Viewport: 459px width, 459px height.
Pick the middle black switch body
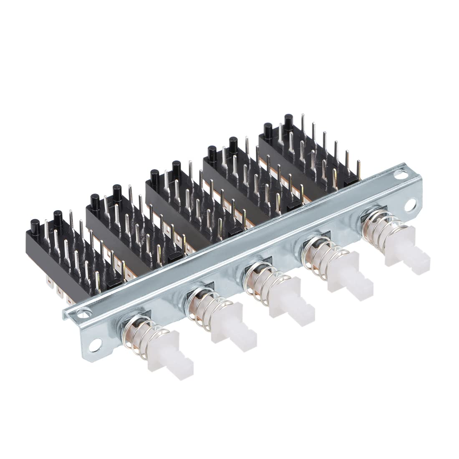(x=184, y=200)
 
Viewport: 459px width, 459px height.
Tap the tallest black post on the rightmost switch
(x=288, y=122)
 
